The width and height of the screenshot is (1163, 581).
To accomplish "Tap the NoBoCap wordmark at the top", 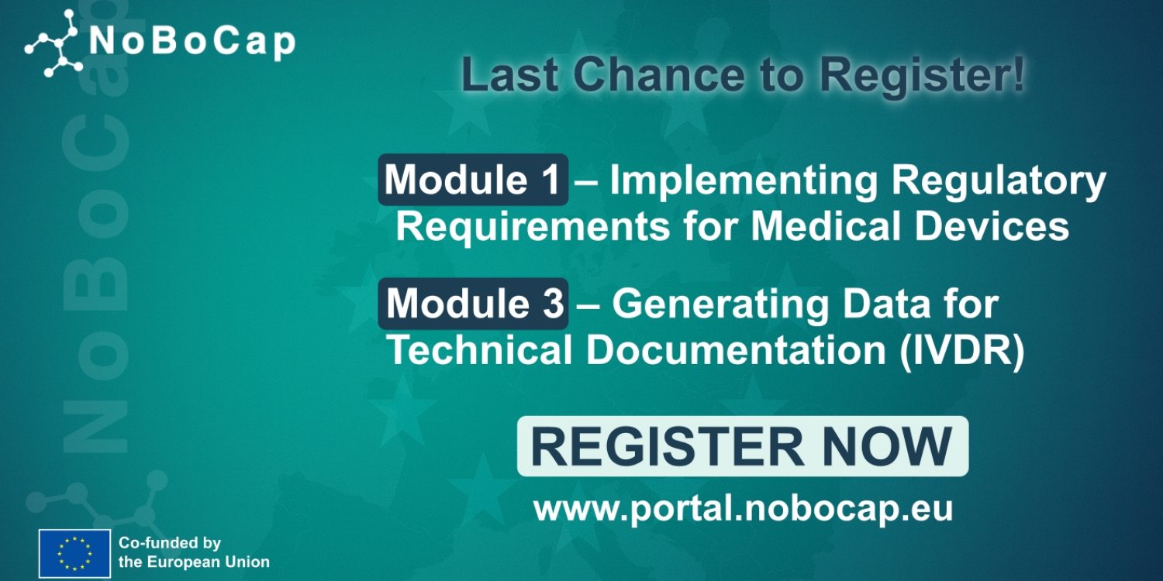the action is (x=192, y=42).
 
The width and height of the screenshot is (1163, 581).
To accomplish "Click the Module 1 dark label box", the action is (x=473, y=180).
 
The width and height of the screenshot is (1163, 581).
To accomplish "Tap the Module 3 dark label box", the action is (x=473, y=304).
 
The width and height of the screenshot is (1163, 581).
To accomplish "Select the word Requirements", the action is (x=533, y=227).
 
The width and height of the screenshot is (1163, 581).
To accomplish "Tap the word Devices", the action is (x=992, y=226).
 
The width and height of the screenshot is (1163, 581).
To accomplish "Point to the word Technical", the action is (x=480, y=349).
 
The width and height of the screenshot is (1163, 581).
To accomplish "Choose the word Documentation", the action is (x=736, y=349).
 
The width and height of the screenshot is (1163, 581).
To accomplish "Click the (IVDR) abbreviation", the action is (x=962, y=351).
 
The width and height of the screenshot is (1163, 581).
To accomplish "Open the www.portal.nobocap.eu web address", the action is (x=743, y=510).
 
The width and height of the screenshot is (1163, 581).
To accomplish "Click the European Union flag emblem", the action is (x=74, y=554).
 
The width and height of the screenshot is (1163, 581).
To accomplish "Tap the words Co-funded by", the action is (x=170, y=543).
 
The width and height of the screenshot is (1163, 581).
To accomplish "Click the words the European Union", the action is (x=194, y=562).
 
